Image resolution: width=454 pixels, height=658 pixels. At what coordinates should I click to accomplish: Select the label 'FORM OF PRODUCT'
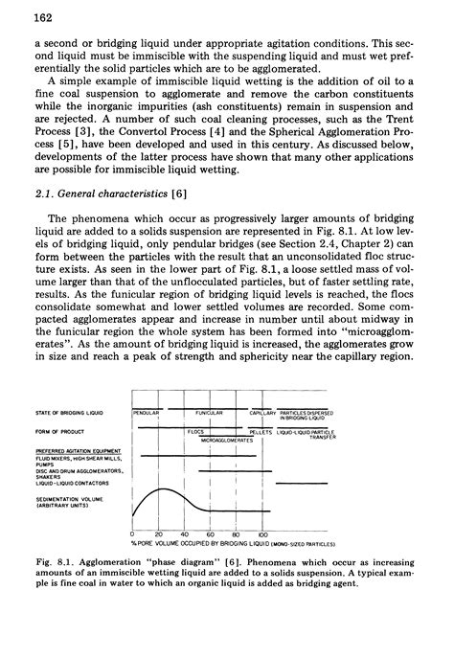click(59, 430)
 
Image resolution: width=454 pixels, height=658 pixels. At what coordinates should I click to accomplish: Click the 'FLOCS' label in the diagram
click(198, 432)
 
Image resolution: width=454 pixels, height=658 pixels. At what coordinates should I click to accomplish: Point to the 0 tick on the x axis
click(130, 533)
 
